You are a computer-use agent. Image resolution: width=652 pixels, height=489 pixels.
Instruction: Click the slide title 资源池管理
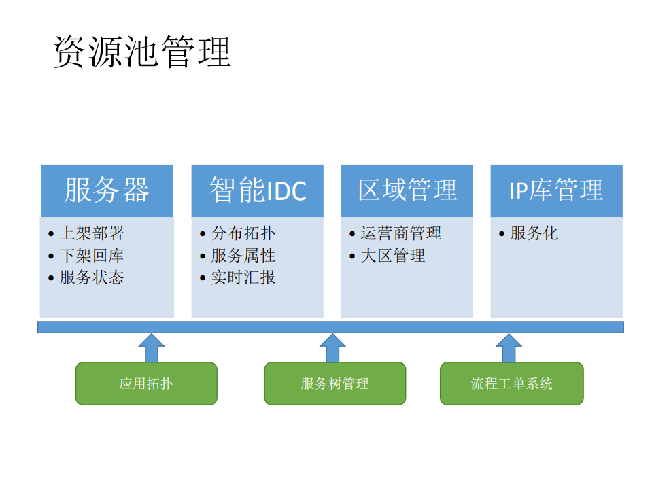pos(142,52)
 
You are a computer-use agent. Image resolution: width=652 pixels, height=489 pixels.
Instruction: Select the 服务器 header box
pos(107,190)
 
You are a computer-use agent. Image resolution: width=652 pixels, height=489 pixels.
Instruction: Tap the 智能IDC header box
pos(257,190)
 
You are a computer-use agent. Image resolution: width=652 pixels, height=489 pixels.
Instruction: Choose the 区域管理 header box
pos(407,190)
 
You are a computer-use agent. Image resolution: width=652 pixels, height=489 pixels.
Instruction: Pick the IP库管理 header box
pos(556,190)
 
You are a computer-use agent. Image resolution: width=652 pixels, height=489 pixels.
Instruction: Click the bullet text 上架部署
pos(92,233)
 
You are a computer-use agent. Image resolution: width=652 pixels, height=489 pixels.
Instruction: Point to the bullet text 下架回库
pos(92,256)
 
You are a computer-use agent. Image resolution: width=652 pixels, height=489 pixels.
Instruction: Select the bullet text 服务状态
pos(92,277)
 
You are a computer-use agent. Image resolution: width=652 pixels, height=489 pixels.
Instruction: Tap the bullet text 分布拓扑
pos(243,233)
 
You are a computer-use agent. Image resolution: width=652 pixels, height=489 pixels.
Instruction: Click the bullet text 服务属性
pos(243,256)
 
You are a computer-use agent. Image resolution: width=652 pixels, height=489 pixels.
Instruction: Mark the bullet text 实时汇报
pos(243,277)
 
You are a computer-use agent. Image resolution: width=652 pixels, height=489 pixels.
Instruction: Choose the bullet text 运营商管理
pos(400,233)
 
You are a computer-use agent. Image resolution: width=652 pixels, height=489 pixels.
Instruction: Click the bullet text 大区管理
pos(392,256)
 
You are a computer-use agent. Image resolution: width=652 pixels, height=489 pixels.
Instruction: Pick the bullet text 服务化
pos(534,233)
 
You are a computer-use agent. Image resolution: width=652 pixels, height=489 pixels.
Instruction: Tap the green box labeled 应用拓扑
pos(146,384)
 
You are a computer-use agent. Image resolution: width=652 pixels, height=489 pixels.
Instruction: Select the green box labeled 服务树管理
pos(334,384)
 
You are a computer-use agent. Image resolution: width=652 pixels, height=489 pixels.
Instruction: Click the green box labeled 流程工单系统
pos(511,384)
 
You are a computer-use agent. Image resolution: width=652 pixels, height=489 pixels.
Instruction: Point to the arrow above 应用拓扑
pos(152,348)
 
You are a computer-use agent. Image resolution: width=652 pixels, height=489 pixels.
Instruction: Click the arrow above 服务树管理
pos(332,348)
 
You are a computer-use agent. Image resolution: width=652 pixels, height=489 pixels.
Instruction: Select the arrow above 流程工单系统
pos(509,348)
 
